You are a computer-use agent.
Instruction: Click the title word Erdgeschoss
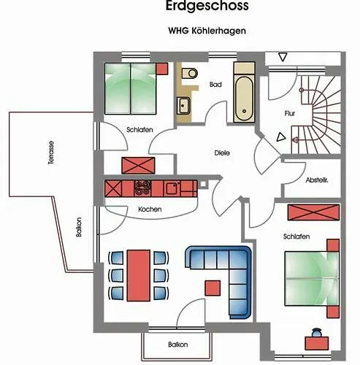point(207,6)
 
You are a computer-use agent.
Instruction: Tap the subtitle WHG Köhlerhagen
point(207,31)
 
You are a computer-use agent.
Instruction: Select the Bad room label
point(215,85)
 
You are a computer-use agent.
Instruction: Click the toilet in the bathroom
point(190,73)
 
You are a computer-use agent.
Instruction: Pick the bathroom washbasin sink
point(183,105)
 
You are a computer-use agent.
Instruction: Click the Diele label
point(222,153)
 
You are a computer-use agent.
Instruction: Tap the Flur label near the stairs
point(290,113)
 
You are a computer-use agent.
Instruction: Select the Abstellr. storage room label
point(317,180)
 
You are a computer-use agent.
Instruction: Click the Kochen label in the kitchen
point(150,210)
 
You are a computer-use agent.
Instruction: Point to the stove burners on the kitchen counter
point(143,188)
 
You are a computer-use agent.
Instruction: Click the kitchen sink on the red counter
point(172,188)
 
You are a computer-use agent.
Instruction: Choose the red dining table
point(139,275)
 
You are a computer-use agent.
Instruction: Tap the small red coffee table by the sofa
point(212,288)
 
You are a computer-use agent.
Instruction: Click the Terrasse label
point(51,153)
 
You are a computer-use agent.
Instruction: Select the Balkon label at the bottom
point(178,345)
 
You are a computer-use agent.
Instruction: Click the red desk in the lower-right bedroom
point(317,343)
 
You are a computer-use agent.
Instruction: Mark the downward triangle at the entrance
point(283,58)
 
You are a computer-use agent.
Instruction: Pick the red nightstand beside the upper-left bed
point(162,69)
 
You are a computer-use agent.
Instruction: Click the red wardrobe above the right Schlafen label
point(313,212)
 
